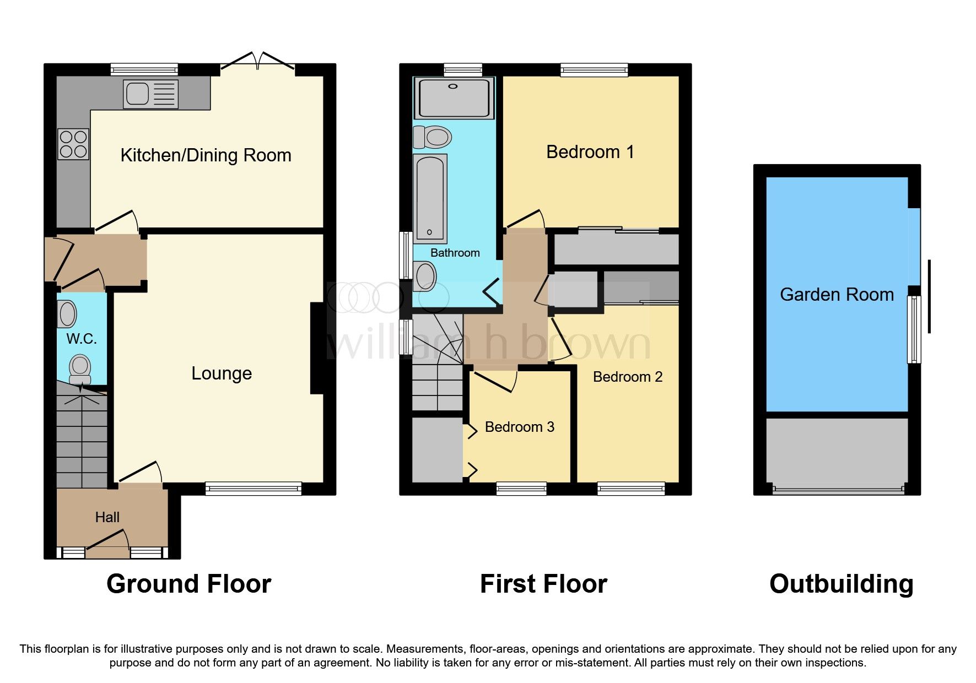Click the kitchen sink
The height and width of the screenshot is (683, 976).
[150, 94]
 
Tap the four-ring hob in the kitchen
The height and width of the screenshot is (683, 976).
[73, 144]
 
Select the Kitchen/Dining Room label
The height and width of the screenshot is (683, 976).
[206, 155]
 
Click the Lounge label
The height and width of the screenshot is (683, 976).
[222, 373]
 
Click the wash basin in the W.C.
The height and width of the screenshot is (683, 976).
[67, 314]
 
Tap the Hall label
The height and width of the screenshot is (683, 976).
[107, 517]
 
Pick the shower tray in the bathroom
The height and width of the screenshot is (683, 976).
[454, 98]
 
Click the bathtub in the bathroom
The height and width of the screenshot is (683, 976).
[430, 198]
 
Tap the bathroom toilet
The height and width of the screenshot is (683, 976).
[433, 137]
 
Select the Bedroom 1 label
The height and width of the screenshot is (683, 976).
[590, 152]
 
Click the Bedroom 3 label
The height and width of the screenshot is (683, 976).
[519, 427]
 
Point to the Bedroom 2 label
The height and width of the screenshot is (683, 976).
[627, 377]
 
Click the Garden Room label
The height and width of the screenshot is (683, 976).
[837, 295]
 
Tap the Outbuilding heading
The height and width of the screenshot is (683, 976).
[841, 584]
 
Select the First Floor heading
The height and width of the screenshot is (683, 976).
[543, 584]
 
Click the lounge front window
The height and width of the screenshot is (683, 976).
[254, 488]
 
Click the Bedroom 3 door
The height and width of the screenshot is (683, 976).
[494, 381]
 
